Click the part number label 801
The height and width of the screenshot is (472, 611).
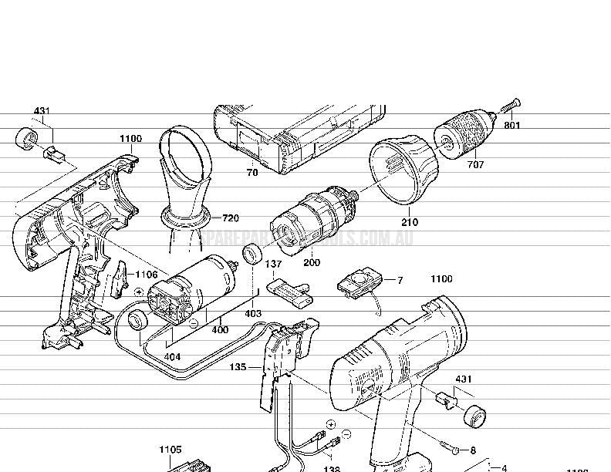coord(512,124)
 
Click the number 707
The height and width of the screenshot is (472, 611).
coord(475,164)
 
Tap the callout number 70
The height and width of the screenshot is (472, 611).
coord(252,174)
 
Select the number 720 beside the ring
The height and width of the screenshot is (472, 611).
coord(230,218)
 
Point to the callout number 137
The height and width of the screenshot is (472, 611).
coord(274,265)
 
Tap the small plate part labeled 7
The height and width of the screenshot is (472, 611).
coord(357,282)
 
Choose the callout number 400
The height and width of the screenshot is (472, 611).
coord(220,330)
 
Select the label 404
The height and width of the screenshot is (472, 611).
coord(173,357)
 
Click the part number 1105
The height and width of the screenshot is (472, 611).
coord(170,450)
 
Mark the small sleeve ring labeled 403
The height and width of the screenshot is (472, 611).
coord(251,254)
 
